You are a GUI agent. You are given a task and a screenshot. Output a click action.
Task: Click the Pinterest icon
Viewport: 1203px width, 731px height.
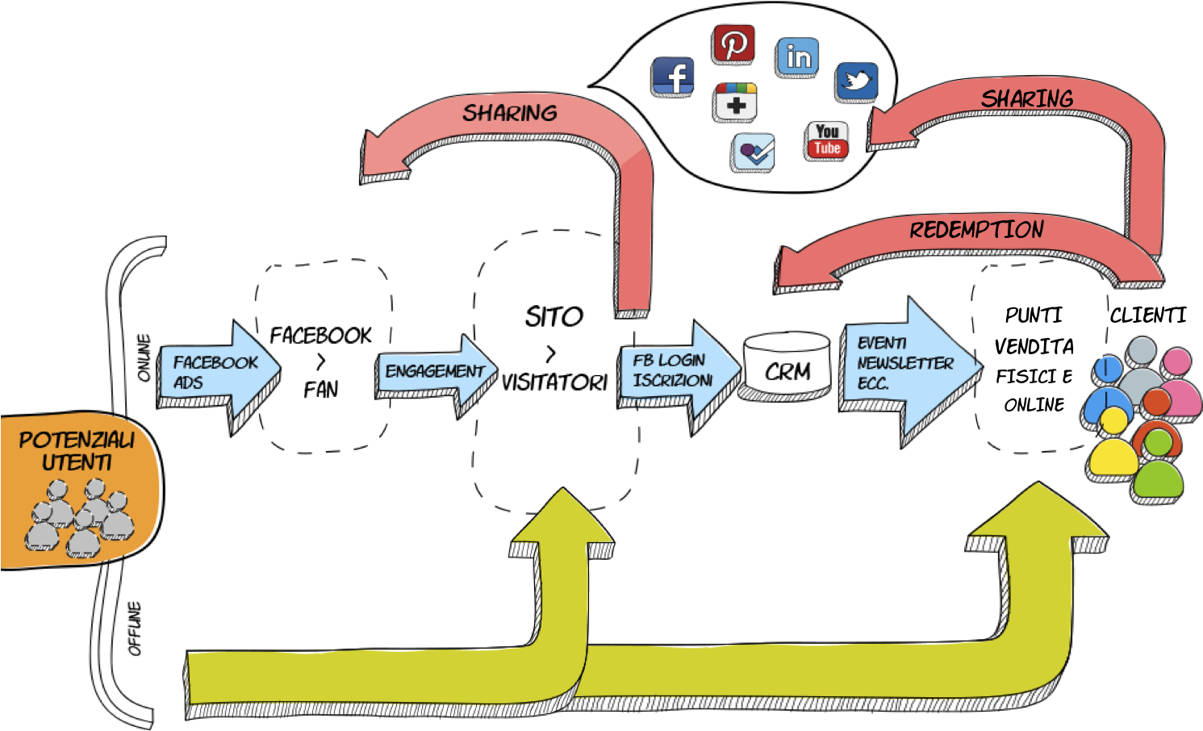point(733,43)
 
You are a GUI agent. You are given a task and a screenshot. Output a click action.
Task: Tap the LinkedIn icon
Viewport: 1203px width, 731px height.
point(798,56)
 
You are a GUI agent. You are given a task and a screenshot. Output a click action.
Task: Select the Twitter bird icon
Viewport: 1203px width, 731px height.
point(857,81)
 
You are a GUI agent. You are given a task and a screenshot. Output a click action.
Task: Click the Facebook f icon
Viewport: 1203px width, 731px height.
point(674,77)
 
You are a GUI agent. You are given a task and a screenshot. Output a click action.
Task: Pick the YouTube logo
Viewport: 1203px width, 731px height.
point(827,140)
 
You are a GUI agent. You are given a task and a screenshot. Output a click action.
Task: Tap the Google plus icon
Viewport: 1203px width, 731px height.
point(736,101)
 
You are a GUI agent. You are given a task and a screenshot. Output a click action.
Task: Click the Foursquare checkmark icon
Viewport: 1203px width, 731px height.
point(754,152)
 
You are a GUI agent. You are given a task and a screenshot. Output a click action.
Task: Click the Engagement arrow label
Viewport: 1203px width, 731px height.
point(434,372)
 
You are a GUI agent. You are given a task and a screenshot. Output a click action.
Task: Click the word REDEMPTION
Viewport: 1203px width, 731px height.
point(976,230)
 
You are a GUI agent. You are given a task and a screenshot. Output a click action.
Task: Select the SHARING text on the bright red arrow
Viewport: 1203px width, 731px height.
point(509,113)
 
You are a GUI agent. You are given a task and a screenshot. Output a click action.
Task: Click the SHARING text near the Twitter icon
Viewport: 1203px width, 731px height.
point(1026,99)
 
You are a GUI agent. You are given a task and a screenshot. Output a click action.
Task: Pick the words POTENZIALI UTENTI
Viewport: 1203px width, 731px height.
point(77,451)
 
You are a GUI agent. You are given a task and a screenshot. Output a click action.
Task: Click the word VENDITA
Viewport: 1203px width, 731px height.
point(1034,347)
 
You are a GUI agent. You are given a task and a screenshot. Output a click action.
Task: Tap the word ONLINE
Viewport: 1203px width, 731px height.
point(1032,405)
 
